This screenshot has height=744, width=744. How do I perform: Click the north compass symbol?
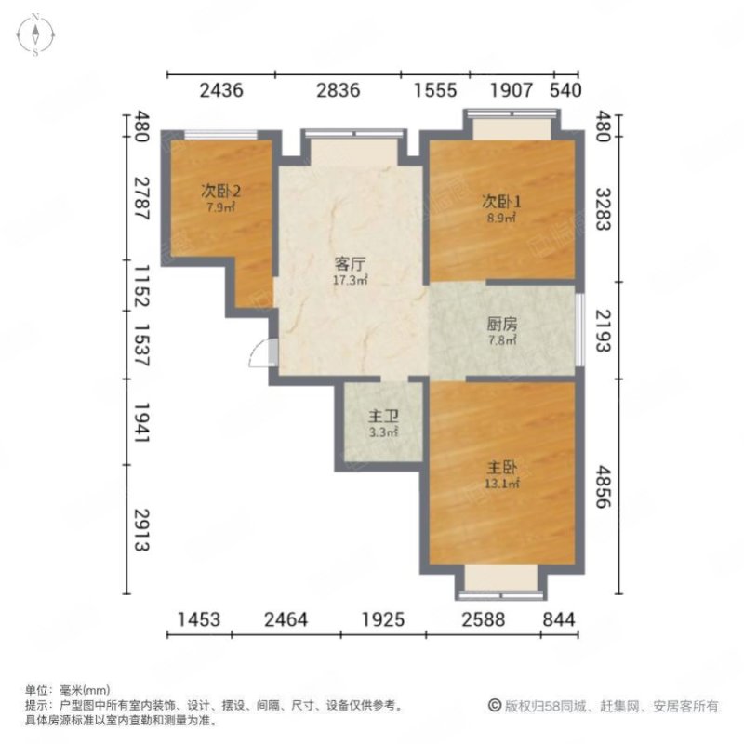pyautogui.click(x=35, y=36)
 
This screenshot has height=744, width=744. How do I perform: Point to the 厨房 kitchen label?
pyautogui.click(x=501, y=325)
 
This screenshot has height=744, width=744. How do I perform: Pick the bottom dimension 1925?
pyautogui.click(x=382, y=618)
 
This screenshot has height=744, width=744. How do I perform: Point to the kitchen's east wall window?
pyautogui.click(x=580, y=329)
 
